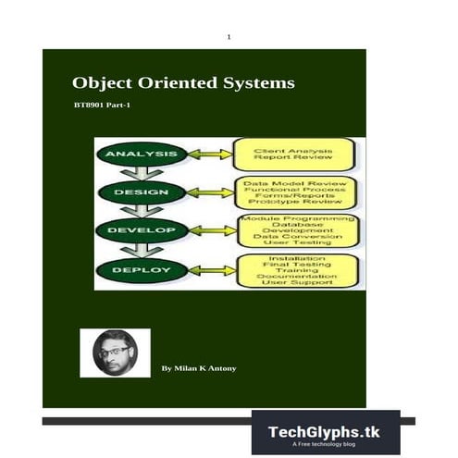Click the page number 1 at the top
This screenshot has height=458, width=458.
click(229, 36)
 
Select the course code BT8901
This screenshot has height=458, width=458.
click(90, 108)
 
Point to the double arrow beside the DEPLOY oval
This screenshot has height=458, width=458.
click(206, 270)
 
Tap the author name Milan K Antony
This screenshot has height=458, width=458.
click(198, 368)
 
